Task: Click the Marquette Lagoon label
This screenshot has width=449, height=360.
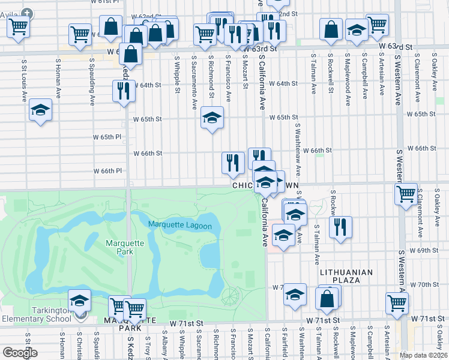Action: [180, 226]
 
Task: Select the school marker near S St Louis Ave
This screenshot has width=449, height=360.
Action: [41, 110]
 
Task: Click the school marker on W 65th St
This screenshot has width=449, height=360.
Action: [212, 118]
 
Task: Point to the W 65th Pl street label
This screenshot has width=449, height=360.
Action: [107, 137]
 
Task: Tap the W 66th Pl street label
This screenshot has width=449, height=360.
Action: [107, 171]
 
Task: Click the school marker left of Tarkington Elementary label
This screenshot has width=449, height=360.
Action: [79, 301]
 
